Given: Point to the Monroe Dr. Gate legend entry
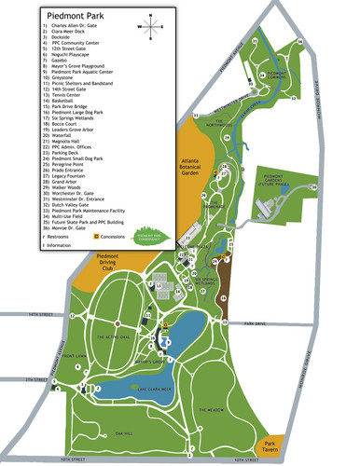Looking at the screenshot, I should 71,226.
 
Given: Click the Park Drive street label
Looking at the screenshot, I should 254,323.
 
